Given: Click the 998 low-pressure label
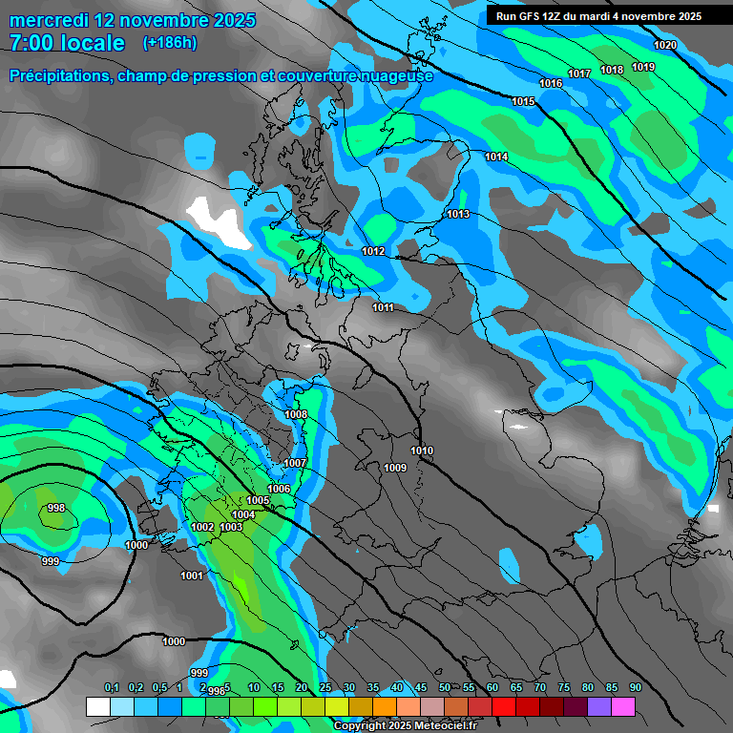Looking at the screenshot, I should pyautogui.click(x=56, y=509).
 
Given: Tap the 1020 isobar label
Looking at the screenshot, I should pyautogui.click(x=665, y=46).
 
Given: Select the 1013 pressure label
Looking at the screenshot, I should pyautogui.click(x=458, y=215).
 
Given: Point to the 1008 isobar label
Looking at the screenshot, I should pyautogui.click(x=296, y=415).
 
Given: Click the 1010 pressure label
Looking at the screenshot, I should pyautogui.click(x=422, y=451).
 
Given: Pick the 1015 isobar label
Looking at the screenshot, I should pyautogui.click(x=523, y=102).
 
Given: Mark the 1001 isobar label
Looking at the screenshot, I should pyautogui.click(x=192, y=576).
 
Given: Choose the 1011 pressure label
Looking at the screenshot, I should pyautogui.click(x=384, y=308).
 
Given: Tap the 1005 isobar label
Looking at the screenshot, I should pyautogui.click(x=258, y=501).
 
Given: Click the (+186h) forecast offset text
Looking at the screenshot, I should pyautogui.click(x=169, y=42).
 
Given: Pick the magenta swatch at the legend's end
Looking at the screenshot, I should pyautogui.click(x=623, y=706).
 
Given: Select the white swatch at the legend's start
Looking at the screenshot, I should pyautogui.click(x=97, y=706).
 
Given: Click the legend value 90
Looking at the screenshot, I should pyautogui.click(x=635, y=688).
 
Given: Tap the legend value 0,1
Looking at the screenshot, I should pyautogui.click(x=112, y=688).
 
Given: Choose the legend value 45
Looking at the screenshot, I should pyautogui.click(x=420, y=688).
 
